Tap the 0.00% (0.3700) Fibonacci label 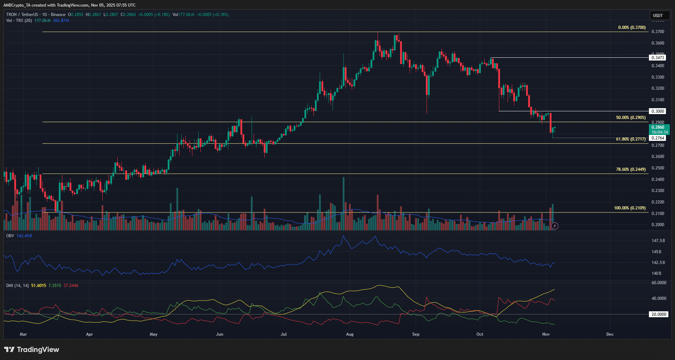click(x=632, y=27)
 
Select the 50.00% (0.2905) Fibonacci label click(x=630, y=118)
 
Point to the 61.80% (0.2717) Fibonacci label click(x=630, y=139)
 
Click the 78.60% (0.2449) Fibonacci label click(x=630, y=169)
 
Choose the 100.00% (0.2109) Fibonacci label click(x=629, y=208)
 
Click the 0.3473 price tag click(x=658, y=58)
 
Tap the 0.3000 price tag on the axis click(x=658, y=111)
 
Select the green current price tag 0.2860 click(x=659, y=129)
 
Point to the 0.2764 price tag click(x=658, y=138)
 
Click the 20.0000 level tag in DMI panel click(x=659, y=314)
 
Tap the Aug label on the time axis click(x=350, y=334)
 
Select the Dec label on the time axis click(x=610, y=334)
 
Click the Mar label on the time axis click(x=23, y=334)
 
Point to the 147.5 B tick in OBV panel click(x=658, y=241)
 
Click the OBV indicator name click(x=10, y=236)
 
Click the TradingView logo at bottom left click(x=32, y=350)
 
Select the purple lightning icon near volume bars click(x=555, y=226)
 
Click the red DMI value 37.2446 click(x=71, y=286)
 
